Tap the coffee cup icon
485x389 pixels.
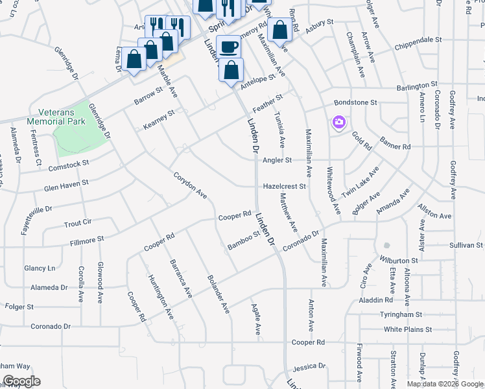(228, 47)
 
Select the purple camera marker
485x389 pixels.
(338, 122)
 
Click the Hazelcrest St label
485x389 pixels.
(284, 186)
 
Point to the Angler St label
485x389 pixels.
(278, 159)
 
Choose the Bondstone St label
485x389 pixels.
(355, 102)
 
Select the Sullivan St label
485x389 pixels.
(467, 246)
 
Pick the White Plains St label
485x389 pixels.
(407, 329)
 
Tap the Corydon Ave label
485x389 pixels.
(190, 185)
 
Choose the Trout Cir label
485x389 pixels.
(78, 223)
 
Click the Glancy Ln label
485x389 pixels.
(40, 268)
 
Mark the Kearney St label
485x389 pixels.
(159, 120)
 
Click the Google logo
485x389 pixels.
(21, 381)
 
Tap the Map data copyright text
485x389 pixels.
(445, 384)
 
